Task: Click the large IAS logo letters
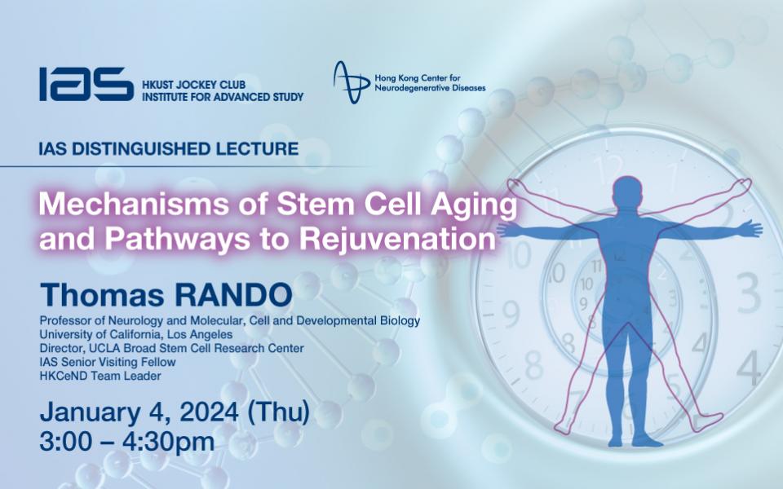click(x=86, y=84)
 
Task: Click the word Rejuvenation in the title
click(x=397, y=239)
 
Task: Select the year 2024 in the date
click(x=209, y=412)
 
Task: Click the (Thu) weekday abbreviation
click(x=279, y=412)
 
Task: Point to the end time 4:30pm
click(x=168, y=442)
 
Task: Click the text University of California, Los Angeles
click(x=136, y=334)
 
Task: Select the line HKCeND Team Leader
click(x=100, y=376)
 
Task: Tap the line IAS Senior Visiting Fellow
click(x=108, y=362)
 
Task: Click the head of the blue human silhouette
click(x=627, y=191)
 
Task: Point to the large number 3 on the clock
click(x=749, y=292)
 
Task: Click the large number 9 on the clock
click(x=511, y=314)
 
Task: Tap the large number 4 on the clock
click(x=749, y=368)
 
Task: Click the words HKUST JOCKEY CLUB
click(x=194, y=84)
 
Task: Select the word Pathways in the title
click(x=177, y=239)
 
